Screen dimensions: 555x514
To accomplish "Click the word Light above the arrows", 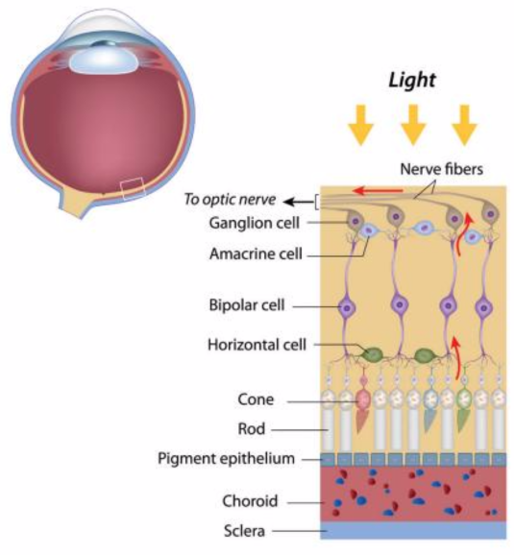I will pos(412,80).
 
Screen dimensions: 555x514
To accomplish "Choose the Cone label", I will pos(256,399).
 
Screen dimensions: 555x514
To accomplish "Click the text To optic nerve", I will pos(231,200).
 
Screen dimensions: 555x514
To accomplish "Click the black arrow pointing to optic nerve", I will pos(299,201).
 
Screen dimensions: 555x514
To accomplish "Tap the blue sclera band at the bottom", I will pos(413,530).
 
